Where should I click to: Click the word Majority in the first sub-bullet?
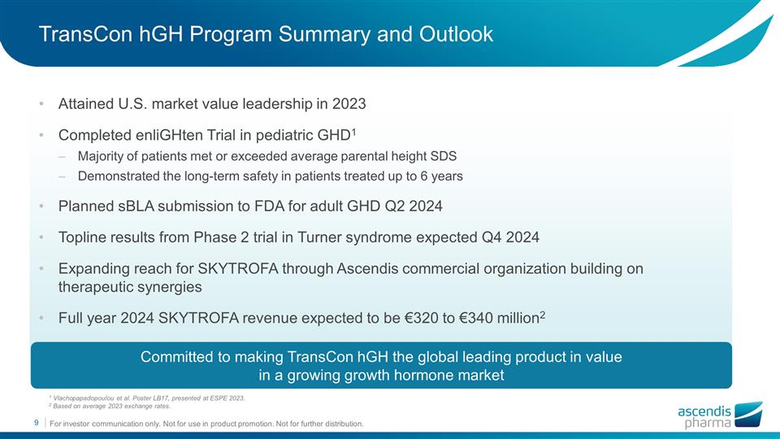(x=102, y=154)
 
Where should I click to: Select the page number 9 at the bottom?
(x=36, y=423)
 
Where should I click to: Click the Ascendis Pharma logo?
(x=719, y=415)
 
